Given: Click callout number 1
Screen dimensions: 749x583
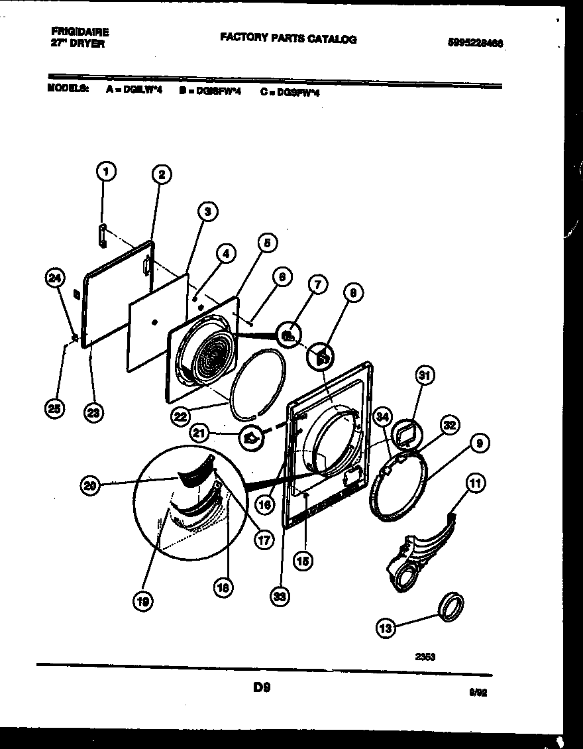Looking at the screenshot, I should [x=104, y=172].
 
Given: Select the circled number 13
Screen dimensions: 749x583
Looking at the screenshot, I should [x=386, y=628].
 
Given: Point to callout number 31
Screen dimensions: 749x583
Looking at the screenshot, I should [x=424, y=376].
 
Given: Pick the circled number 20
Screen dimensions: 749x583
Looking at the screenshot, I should [x=90, y=487].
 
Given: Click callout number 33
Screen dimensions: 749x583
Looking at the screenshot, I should [x=280, y=597].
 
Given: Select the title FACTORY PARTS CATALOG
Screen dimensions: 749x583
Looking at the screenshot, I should [x=288, y=39].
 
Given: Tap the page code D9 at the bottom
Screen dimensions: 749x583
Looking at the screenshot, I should [x=261, y=688].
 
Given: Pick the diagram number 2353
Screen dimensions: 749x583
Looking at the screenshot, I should [x=425, y=657].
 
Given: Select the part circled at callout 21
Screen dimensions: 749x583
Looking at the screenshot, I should [x=252, y=437].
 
